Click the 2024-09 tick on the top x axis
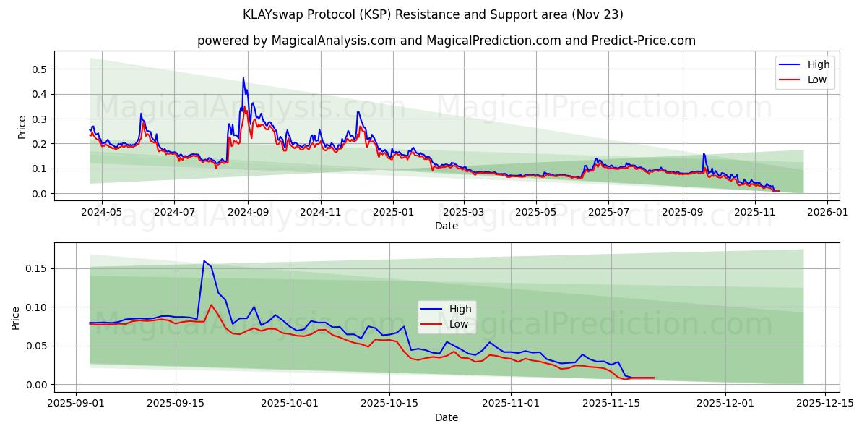[x=248, y=212]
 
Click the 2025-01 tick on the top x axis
[x=393, y=212]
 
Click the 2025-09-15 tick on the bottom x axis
[x=176, y=403]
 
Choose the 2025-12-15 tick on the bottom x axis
[x=824, y=403]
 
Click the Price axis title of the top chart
[x=22, y=127]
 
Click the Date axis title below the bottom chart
[x=446, y=417]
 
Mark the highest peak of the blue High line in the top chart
[x=243, y=78]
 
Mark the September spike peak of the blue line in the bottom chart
[x=204, y=261]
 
